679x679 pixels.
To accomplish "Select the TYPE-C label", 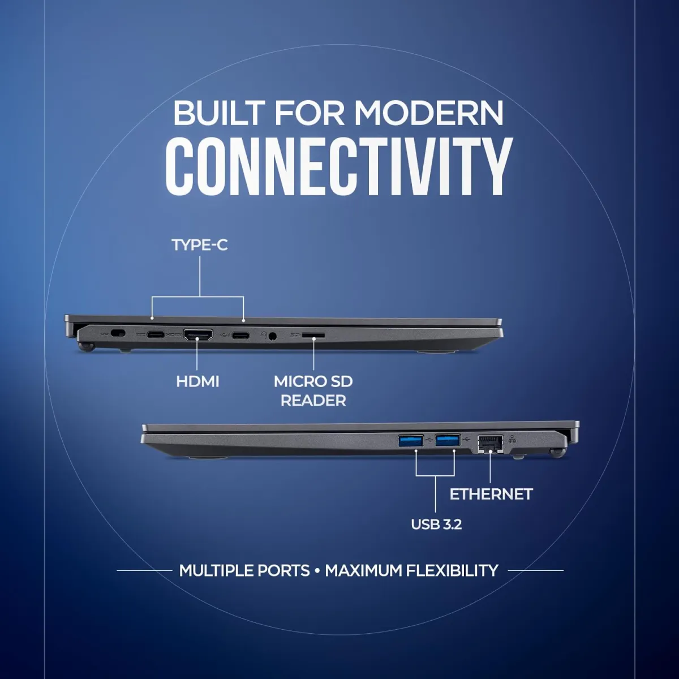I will pos(200,245).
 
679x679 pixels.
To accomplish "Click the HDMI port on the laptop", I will pos(197,334).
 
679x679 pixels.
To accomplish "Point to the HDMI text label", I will pos(197,381).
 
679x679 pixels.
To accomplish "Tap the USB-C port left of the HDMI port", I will pos(156,334).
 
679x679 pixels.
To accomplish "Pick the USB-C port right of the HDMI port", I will pos(240,335).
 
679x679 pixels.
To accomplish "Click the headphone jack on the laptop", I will pos(274,336).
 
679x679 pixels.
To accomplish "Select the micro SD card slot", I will pos(313,336).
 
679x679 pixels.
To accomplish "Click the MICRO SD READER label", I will pos(313,390).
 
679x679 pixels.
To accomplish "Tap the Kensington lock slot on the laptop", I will pos(118,334).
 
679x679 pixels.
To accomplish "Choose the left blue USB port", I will pos(411,440).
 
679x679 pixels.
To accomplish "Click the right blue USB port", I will pos(448,440).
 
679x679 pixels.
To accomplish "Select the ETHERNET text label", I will pos(491,494).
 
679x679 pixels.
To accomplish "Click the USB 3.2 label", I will pos(436,525).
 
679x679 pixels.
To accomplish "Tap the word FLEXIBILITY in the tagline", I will pos(452,570).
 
